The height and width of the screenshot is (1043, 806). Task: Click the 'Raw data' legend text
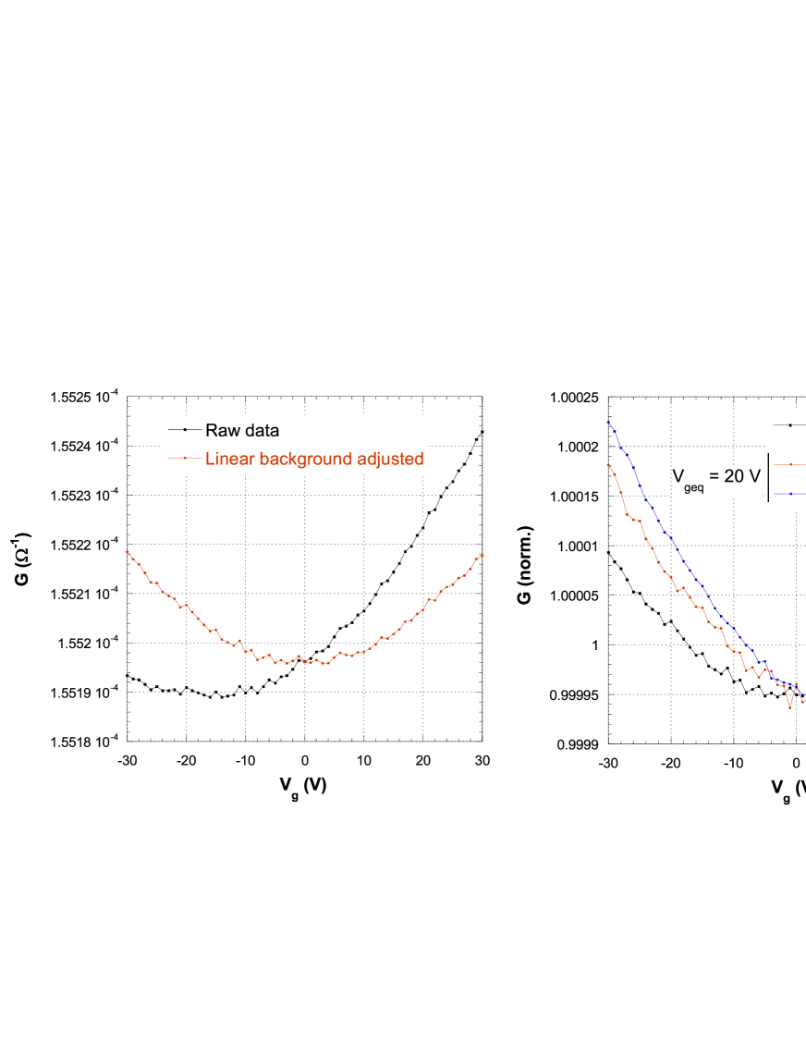[x=241, y=431]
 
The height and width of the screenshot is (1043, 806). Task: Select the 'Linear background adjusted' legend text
[x=314, y=459]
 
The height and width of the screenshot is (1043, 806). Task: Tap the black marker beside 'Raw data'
[x=185, y=430]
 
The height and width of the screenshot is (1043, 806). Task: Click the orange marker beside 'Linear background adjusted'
[x=185, y=458]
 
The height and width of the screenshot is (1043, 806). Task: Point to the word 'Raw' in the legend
[x=221, y=431]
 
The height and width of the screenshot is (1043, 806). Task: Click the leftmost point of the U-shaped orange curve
[x=128, y=551]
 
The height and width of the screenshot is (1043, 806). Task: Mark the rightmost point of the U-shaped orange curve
[x=483, y=555]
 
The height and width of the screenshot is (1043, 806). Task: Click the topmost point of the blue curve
[x=607, y=422]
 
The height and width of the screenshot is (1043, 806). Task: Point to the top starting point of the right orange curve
[x=607, y=463]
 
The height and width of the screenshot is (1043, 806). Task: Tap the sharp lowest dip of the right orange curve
[x=789, y=708]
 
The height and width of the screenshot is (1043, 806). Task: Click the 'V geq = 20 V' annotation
[x=716, y=479]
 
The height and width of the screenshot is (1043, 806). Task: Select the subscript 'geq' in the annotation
[x=693, y=488]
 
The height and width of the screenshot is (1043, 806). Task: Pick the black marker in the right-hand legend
[x=790, y=425]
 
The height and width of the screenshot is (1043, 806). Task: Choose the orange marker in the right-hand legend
[x=790, y=464]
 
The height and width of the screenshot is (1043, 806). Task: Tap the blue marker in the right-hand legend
[x=790, y=494]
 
